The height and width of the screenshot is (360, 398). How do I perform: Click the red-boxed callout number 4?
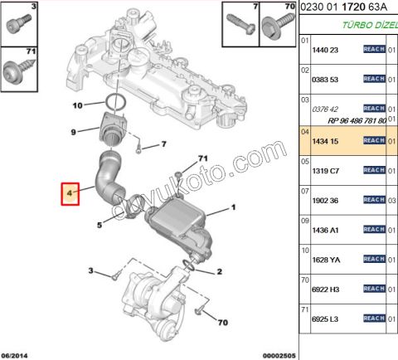pos(71,194)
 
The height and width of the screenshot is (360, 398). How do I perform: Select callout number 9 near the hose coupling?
pos(72,132)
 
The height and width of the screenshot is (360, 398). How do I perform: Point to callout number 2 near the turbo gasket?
pos(220,272)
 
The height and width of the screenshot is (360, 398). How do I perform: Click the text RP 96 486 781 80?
pos(349,119)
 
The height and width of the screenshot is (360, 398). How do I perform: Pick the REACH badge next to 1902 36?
pos(374,200)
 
